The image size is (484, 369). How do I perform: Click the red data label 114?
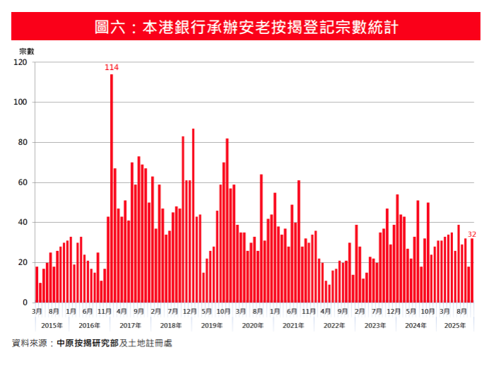pos(111,67)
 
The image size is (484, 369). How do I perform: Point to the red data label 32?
pos(472,234)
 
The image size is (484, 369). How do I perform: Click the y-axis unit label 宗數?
pos(26,51)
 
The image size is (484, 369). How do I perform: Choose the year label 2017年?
pos(131,325)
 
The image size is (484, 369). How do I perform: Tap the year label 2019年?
pos(212,325)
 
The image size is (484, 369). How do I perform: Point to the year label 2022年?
pos(334,325)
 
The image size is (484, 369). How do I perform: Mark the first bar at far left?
pos(37,285)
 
